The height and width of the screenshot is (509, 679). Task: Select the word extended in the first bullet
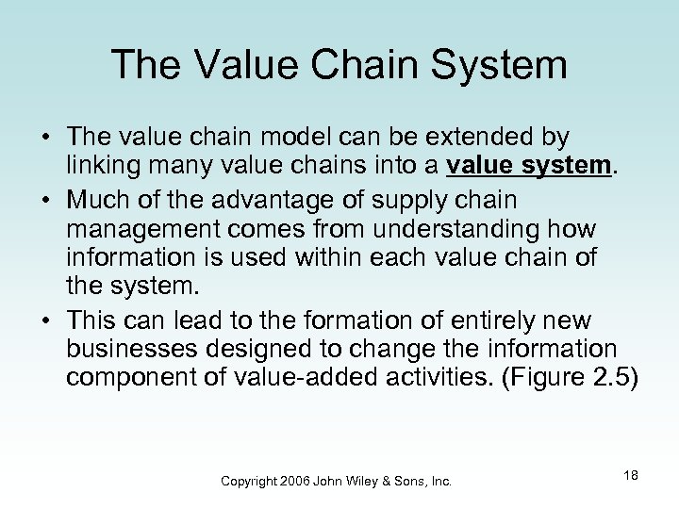pos(470,139)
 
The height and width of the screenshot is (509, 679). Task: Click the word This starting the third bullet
pos(95,317)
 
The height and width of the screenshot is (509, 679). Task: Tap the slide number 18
pos(631,475)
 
